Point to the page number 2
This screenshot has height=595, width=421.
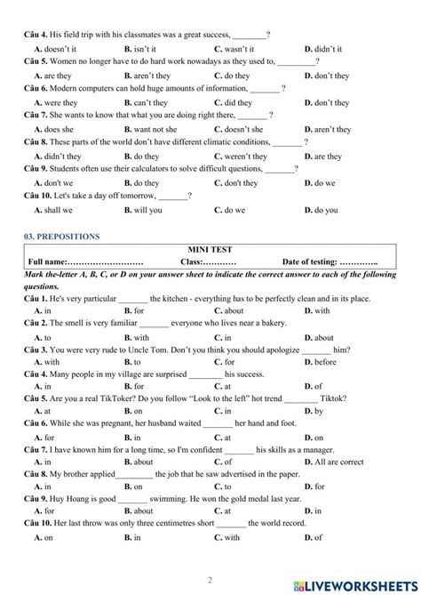point(210,576)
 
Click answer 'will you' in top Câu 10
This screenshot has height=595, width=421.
point(147,211)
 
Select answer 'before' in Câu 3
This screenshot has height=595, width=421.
point(325,363)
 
